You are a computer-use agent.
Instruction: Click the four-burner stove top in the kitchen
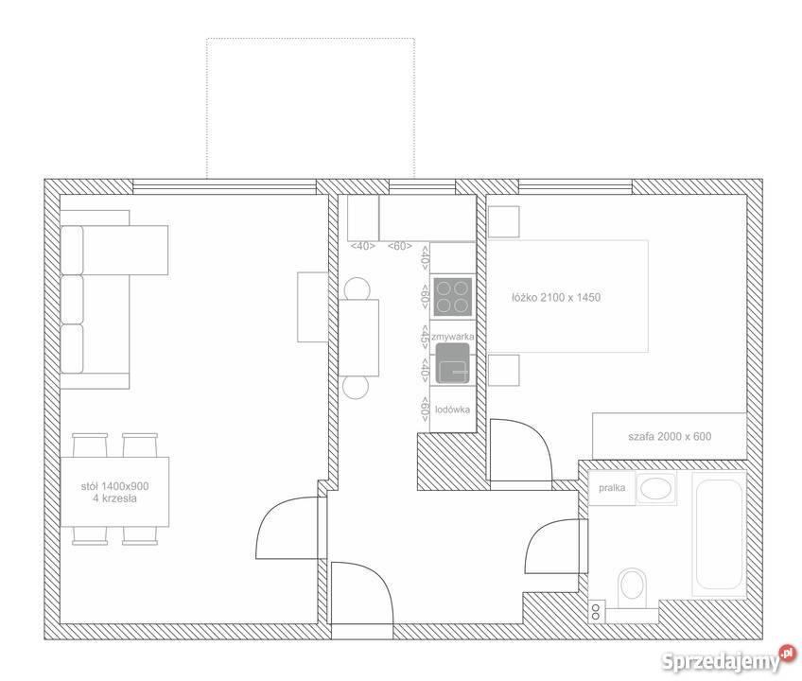(453, 297)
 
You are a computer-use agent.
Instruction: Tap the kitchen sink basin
(453, 363)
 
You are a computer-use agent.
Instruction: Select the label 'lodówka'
(453, 410)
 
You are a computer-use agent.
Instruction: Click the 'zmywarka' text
(453, 337)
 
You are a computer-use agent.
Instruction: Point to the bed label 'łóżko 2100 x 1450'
(556, 297)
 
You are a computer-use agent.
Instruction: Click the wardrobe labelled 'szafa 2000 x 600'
(670, 436)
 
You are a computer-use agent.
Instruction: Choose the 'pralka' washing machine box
(612, 488)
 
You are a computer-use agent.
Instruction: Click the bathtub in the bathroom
(719, 534)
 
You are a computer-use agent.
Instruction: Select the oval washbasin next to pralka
(655, 488)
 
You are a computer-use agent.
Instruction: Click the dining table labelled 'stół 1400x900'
(115, 492)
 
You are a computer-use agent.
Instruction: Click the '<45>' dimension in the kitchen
(425, 336)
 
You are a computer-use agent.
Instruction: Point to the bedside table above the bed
(504, 222)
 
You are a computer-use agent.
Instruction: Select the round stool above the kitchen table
(357, 289)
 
